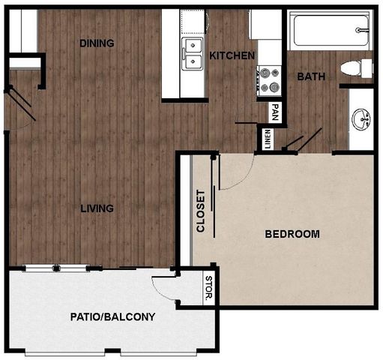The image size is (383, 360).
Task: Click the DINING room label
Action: [97, 43]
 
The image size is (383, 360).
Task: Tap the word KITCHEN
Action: [232, 55]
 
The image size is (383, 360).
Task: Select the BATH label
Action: [310, 76]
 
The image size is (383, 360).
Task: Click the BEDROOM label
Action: [292, 234]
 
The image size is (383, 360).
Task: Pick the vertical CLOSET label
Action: [201, 211]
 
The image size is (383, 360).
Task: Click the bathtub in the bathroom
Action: [330, 30]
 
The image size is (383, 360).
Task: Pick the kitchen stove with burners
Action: [268, 79]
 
